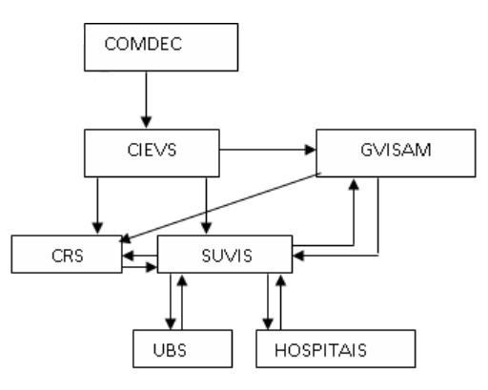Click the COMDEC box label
click(143, 44)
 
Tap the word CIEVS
click(152, 150)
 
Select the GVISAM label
click(396, 150)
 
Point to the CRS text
click(68, 256)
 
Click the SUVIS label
click(227, 256)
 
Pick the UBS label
click(170, 350)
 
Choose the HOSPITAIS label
click(320, 350)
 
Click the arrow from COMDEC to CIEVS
click(146, 99)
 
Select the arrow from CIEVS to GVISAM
click(268, 150)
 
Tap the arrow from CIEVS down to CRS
click(97, 205)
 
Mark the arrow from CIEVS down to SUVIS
click(206, 205)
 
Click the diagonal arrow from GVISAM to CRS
click(220, 208)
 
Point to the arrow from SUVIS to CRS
click(140, 256)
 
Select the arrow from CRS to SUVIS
click(140, 267)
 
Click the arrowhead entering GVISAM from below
click(354, 184)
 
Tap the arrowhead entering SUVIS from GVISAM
click(298, 256)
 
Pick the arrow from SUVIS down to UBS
click(171, 301)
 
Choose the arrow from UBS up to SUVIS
click(182, 301)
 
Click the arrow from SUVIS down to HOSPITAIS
click(268, 301)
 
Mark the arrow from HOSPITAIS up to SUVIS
click(280, 301)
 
